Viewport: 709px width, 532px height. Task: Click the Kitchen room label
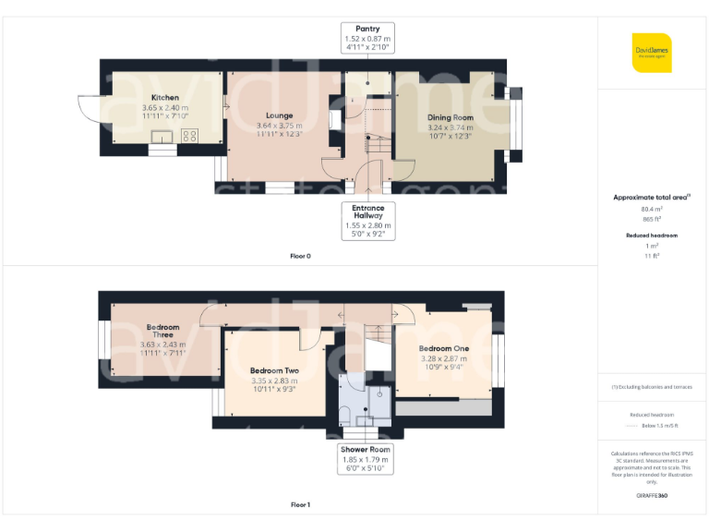(165, 97)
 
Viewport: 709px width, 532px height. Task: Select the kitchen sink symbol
(163, 138)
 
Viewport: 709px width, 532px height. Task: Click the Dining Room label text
(450, 117)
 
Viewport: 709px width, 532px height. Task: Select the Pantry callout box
(367, 39)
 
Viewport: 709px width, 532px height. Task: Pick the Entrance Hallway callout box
(367, 220)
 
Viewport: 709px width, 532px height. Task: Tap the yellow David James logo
(652, 52)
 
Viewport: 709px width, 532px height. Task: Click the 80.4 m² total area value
(652, 209)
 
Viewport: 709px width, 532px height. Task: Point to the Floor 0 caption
(300, 255)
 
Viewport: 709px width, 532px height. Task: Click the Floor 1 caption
(300, 505)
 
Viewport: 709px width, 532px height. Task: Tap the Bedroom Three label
(162, 331)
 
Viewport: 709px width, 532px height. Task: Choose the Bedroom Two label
(273, 369)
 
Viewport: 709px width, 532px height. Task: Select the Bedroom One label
(444, 348)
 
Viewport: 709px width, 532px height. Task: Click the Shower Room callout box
(367, 458)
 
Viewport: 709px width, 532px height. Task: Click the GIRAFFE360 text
(652, 496)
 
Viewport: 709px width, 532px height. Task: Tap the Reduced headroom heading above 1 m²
(652, 236)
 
